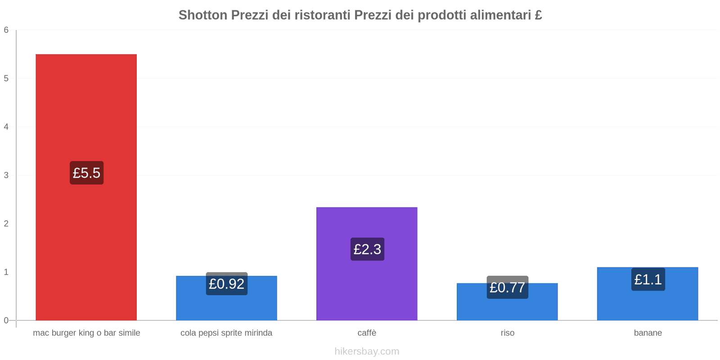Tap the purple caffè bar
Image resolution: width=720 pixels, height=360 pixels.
[x=367, y=288]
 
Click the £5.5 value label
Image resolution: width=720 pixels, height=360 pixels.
[x=86, y=173]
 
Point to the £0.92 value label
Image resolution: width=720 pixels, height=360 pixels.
[x=227, y=284]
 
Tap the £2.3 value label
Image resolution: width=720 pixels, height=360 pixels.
[x=367, y=249]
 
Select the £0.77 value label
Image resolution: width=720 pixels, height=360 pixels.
[x=508, y=288]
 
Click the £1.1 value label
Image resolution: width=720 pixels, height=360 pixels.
[x=648, y=279]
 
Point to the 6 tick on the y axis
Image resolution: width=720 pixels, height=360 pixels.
[x=6, y=30]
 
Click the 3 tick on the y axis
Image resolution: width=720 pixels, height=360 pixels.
[x=6, y=175]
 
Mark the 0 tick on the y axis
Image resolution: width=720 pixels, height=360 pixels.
[x=6, y=320]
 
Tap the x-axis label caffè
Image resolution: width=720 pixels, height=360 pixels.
[x=367, y=333]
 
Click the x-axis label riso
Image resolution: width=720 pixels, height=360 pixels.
[x=507, y=333]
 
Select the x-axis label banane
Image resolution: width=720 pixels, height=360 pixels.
[x=648, y=333]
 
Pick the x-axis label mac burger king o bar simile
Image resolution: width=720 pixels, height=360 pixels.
[x=86, y=333]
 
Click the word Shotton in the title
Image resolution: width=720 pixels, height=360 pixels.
[x=203, y=15]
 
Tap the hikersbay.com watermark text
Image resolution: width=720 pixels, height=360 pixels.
[x=367, y=351]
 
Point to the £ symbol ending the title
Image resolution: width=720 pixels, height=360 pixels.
[x=538, y=15]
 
